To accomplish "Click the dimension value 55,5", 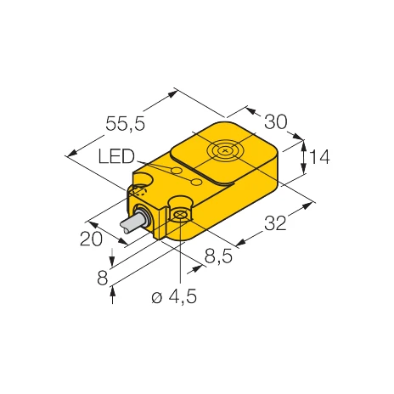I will click(x=124, y=124).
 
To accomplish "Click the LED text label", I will click(x=116, y=158).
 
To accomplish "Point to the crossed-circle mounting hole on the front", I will click(x=180, y=218).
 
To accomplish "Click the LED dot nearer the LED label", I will click(x=177, y=172).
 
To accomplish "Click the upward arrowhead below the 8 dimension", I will click(x=113, y=293).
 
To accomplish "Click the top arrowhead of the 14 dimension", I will click(x=304, y=144).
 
